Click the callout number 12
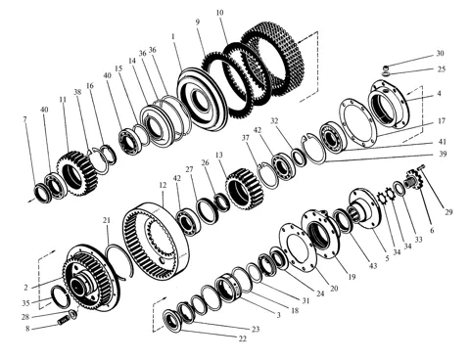tap(163, 185)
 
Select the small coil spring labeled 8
tap(62, 321)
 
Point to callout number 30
tap(440, 53)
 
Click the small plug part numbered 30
tap(386, 68)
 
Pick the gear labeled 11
tap(77, 173)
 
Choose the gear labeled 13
tap(245, 189)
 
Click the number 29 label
tap(448, 212)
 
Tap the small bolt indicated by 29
tap(421, 167)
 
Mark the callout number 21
tap(107, 220)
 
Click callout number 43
tap(373, 266)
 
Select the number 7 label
tap(24, 119)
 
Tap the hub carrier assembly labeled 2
tap(91, 278)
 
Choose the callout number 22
tap(242, 338)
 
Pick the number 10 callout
tap(220, 13)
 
